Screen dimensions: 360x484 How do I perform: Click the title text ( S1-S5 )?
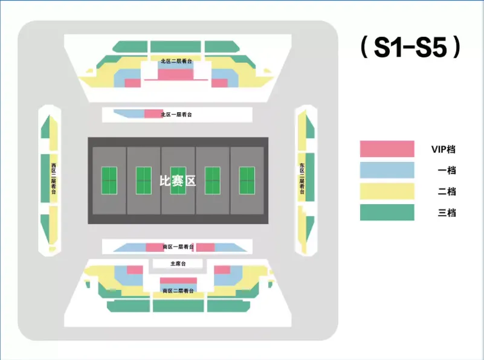click(x=411, y=48)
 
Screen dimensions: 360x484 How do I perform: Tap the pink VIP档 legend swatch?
click(x=387, y=149)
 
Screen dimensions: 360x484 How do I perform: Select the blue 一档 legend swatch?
click(x=387, y=170)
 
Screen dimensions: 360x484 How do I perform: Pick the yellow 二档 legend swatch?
click(x=387, y=191)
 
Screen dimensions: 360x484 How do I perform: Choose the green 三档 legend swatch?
click(x=387, y=213)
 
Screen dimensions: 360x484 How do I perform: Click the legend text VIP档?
click(x=444, y=149)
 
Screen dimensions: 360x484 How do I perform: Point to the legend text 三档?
click(x=447, y=213)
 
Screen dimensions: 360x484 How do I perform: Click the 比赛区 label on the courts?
click(x=177, y=181)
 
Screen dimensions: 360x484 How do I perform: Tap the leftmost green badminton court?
click(x=109, y=181)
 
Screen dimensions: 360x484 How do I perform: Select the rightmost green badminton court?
click(x=247, y=181)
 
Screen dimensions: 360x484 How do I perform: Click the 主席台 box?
click(x=178, y=263)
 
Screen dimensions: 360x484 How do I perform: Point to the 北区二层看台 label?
click(x=177, y=62)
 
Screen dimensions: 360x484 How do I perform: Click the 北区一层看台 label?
click(x=177, y=114)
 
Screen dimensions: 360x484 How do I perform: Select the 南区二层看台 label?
click(x=178, y=291)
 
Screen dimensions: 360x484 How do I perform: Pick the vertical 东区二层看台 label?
click(x=302, y=178)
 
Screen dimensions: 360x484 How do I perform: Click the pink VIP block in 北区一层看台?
click(x=151, y=114)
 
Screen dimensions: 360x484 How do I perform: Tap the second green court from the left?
click(x=144, y=181)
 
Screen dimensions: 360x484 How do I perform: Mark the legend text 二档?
click(x=447, y=191)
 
